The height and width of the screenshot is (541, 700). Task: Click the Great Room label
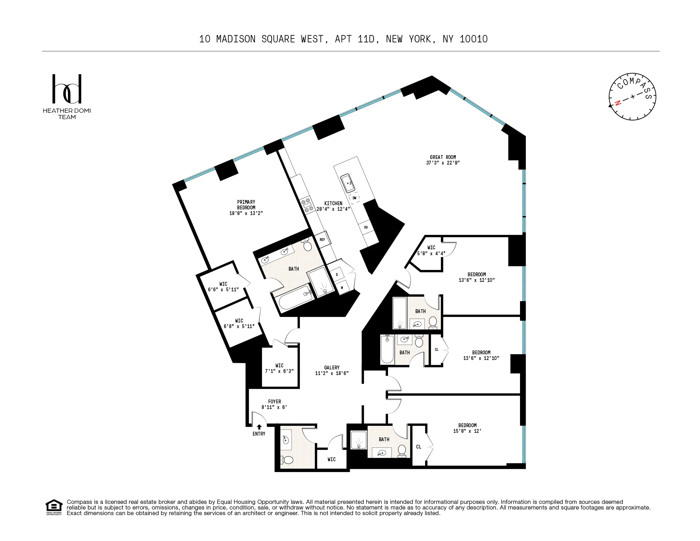click(x=443, y=157)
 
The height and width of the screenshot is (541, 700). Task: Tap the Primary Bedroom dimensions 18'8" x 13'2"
click(x=246, y=213)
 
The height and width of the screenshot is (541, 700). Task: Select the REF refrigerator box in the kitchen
click(x=322, y=240)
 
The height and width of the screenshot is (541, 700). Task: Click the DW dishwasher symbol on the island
click(x=354, y=198)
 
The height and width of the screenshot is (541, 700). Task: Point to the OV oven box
click(x=366, y=227)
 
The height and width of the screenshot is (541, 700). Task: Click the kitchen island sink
click(x=348, y=183)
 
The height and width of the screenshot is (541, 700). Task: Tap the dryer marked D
click(x=337, y=275)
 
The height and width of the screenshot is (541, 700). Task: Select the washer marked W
click(x=342, y=287)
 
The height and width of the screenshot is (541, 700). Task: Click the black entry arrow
click(x=259, y=427)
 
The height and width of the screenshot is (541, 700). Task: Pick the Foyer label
click(x=275, y=402)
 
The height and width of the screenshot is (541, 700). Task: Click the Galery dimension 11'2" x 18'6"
click(x=332, y=373)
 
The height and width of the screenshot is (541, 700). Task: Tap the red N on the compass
click(x=618, y=103)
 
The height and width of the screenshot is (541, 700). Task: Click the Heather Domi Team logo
click(x=67, y=96)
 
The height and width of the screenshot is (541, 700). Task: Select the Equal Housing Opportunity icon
click(x=54, y=507)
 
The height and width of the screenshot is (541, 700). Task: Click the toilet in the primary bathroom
click(x=307, y=245)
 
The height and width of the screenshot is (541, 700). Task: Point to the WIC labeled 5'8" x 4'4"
click(x=431, y=250)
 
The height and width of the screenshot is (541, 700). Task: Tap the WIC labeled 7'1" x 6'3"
click(x=279, y=368)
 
